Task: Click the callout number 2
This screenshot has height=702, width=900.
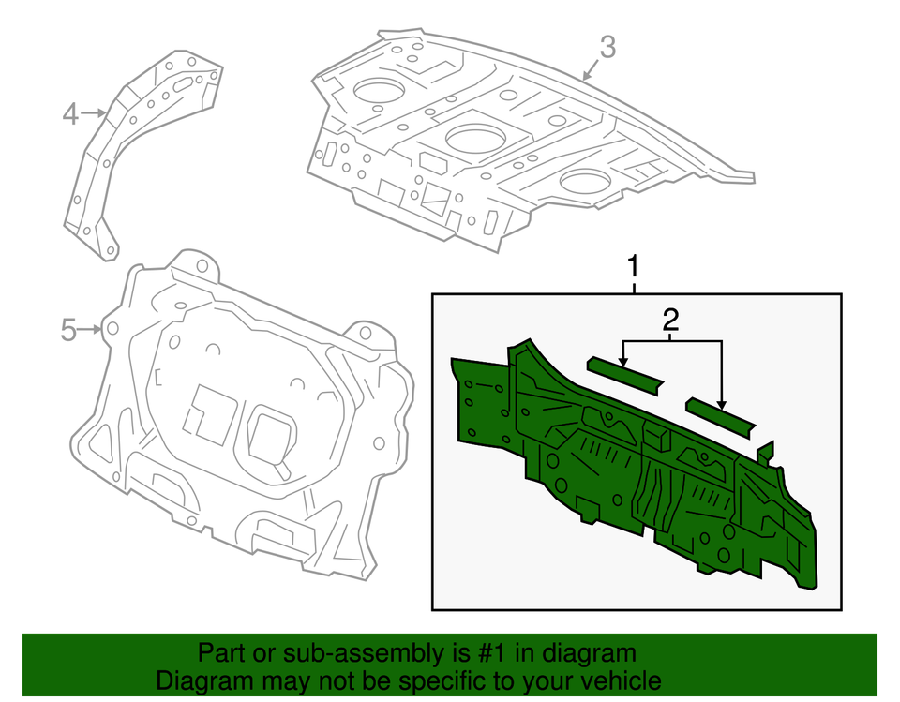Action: (670, 321)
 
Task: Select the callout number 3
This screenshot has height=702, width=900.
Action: (607, 46)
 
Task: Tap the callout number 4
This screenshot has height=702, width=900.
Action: (70, 115)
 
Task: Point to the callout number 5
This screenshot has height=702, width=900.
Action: (67, 330)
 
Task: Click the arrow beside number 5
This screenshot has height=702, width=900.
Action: (91, 329)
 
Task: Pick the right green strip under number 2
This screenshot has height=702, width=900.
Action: (720, 415)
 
